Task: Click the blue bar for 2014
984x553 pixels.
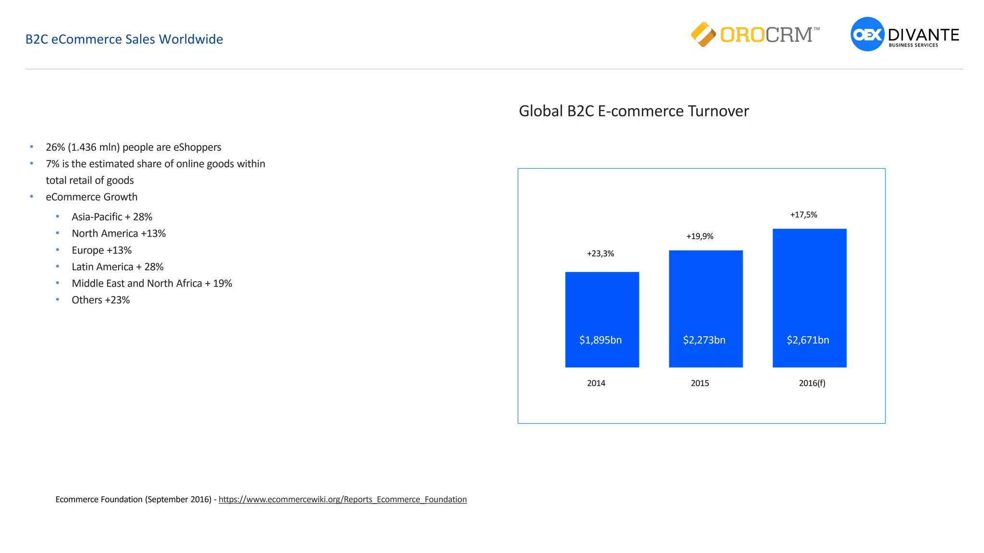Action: coord(602,307)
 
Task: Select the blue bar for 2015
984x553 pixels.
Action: coord(705,298)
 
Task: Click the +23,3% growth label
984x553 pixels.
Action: coord(600,254)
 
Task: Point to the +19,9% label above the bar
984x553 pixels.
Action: coord(700,236)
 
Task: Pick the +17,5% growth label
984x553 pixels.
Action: coord(803,215)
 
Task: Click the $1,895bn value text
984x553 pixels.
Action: coord(600,340)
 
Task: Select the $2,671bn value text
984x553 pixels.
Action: coord(808,340)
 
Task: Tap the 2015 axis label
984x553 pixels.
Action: coord(700,383)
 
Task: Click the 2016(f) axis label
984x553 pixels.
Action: coord(812,383)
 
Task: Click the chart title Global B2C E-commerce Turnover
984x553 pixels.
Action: coord(633,111)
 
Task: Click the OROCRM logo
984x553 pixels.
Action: coord(755,35)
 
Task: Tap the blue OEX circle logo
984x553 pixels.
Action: coord(867,34)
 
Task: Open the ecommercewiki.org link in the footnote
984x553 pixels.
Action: coord(343,500)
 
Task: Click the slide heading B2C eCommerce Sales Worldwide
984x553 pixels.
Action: coord(124,39)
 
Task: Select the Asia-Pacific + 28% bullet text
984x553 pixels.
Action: coord(112,217)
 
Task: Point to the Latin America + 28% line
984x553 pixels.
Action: coord(118,267)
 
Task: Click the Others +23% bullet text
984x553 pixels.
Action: coord(101,300)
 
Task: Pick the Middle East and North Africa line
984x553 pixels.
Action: coord(152,283)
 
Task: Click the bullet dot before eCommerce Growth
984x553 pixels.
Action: coord(32,197)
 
